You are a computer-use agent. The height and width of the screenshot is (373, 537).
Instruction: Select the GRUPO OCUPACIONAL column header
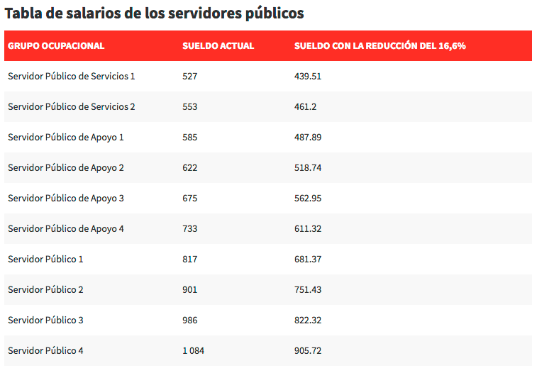[x=56, y=46]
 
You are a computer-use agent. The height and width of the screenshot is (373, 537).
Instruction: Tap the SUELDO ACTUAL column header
[x=218, y=46]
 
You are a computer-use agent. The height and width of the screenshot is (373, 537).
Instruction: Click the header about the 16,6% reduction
[x=380, y=46]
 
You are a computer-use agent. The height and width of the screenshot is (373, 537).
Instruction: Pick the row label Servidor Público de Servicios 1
[x=71, y=76]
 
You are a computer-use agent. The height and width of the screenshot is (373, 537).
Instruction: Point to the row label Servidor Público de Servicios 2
[x=71, y=106]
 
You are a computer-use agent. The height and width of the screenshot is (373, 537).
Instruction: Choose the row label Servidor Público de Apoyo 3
[x=66, y=198]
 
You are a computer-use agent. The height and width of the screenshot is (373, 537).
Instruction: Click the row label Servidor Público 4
[x=45, y=350]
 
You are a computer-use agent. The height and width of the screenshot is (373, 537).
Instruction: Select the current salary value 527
[x=189, y=76]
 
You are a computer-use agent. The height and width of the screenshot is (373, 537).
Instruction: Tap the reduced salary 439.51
[x=308, y=76]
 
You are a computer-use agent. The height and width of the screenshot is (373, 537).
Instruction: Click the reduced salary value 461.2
[x=305, y=106]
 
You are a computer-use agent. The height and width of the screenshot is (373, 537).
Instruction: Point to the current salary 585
[x=189, y=137]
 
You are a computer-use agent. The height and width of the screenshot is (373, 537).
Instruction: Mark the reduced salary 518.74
[x=308, y=167]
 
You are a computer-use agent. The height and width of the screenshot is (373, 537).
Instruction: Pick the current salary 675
[x=189, y=198]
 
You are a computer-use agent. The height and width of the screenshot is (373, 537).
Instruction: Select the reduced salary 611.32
[x=308, y=228]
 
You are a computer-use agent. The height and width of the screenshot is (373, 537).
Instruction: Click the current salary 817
[x=189, y=259]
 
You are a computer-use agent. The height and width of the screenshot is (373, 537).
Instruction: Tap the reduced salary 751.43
[x=308, y=289]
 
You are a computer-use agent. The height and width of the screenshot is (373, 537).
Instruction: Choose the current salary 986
[x=189, y=320]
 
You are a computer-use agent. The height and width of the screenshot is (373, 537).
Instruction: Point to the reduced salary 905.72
[x=308, y=350]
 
